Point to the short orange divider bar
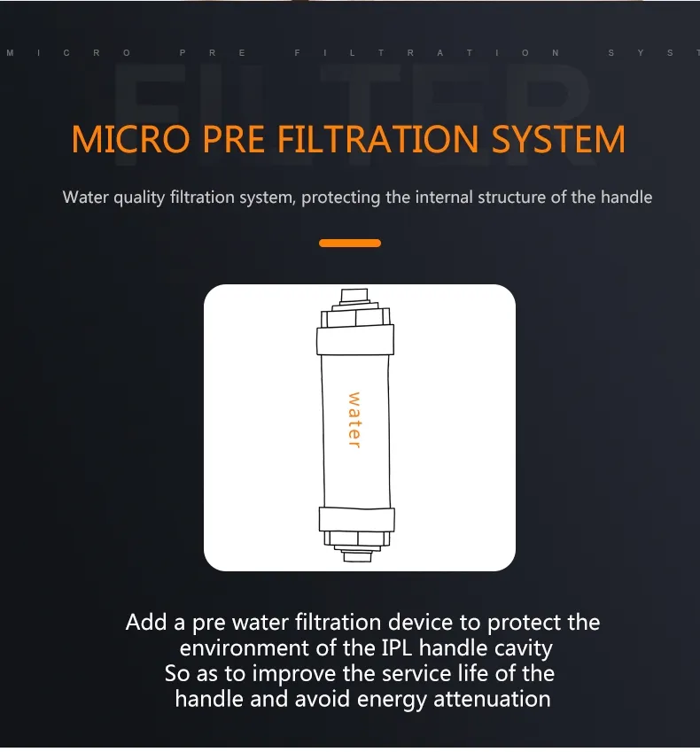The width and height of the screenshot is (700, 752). [350, 243]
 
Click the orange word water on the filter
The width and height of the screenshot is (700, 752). [354, 420]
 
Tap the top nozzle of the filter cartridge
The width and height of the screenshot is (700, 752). [354, 295]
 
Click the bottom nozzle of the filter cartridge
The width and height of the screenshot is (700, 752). [355, 553]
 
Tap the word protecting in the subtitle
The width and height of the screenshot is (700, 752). [341, 198]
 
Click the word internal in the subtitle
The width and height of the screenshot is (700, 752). [444, 197]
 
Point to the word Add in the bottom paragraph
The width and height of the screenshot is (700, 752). [145, 623]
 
